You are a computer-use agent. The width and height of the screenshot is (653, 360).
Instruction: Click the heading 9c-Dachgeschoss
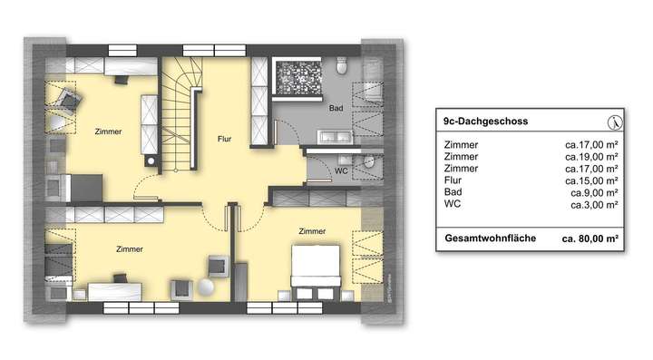point(486,121)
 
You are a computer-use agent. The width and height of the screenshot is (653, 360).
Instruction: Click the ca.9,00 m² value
point(593,192)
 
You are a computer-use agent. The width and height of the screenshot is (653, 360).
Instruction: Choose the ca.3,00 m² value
point(593,205)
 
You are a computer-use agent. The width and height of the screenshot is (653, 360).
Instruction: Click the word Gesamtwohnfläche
point(491,238)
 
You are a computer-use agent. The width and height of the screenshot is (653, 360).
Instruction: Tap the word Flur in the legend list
point(453,180)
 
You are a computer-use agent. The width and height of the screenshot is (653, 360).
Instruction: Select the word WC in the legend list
point(453,205)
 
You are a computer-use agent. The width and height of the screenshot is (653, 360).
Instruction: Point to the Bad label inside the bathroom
point(334,108)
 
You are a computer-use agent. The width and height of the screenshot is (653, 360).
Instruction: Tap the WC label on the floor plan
point(341,169)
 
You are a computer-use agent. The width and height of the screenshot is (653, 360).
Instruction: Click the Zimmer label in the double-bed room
point(311,232)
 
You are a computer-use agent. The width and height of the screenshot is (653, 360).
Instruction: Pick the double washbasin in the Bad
point(334,137)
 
